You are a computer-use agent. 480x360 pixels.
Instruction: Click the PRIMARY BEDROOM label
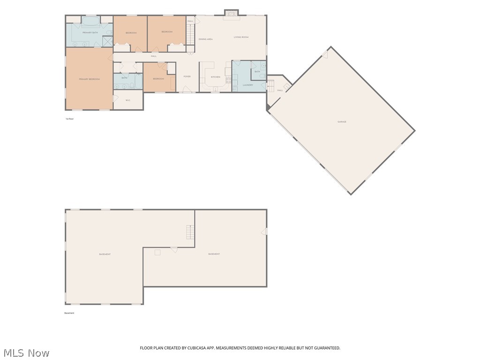coord(89,79)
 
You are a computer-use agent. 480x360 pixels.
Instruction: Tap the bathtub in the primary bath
coord(90,21)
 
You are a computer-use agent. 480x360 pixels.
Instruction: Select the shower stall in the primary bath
coord(107,41)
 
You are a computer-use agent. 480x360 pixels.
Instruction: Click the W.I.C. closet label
coord(127,100)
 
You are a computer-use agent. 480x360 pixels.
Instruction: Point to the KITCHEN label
coord(215,77)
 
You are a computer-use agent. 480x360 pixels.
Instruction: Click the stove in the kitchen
coord(228,80)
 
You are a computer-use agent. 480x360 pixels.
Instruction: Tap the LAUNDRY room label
coord(248,85)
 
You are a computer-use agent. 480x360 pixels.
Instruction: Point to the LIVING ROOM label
coord(241,37)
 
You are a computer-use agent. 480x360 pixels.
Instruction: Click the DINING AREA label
coord(205,39)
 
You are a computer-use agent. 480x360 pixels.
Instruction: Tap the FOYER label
coord(187,76)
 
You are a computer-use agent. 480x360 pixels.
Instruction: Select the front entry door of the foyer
coord(187,91)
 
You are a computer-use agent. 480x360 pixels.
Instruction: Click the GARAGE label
coord(342,122)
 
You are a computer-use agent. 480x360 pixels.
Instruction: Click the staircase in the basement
coord(189,232)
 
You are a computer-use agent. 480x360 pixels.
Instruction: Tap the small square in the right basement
coord(157,252)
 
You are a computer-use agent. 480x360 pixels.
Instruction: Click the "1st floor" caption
coord(70,119)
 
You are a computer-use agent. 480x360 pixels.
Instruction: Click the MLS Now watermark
coord(26,352)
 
